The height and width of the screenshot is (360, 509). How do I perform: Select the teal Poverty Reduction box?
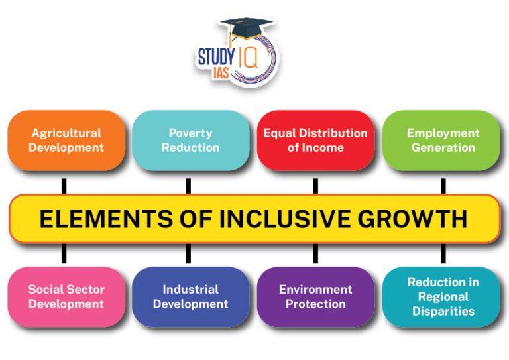(x=190, y=141)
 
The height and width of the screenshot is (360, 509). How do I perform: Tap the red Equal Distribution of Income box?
(x=315, y=141)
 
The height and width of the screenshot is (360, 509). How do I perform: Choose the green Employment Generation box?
(x=443, y=141)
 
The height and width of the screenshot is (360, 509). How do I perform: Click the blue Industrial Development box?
(x=190, y=296)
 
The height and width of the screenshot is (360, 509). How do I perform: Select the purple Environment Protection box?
(x=315, y=296)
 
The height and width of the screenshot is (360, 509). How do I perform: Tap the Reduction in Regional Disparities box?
(x=443, y=296)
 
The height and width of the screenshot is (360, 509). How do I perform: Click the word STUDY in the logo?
(x=216, y=57)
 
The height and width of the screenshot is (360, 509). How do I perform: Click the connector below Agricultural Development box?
(x=64, y=185)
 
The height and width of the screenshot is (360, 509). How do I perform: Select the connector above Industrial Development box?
(x=188, y=253)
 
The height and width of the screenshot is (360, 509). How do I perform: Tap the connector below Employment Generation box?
(x=443, y=185)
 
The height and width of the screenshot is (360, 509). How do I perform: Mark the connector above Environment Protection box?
(x=315, y=253)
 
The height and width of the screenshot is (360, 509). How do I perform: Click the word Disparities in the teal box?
(x=443, y=311)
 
